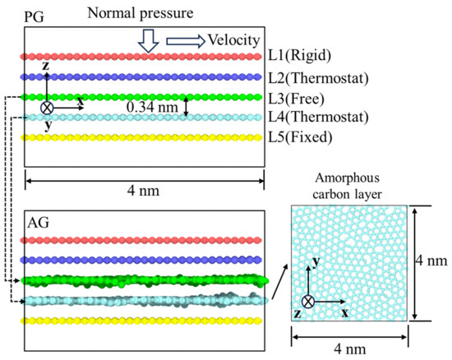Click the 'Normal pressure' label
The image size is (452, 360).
coord(140,13)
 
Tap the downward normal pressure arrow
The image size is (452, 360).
coord(148,40)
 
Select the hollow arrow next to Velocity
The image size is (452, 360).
coord(186,41)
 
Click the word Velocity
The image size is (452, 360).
coord(233,40)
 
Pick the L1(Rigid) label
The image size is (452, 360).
coord(300,55)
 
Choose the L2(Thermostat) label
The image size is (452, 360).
coord(319,78)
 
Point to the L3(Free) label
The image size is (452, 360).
coord(297,99)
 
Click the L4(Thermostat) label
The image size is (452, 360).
coord(319,117)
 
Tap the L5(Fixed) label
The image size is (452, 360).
coord(300,137)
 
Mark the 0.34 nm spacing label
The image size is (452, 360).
coord(152,107)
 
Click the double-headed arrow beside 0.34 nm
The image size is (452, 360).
coord(187,107)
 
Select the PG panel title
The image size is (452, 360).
coord(34,17)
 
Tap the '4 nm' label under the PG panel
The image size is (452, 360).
coord(143,191)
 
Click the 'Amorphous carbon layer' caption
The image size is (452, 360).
coord(347,186)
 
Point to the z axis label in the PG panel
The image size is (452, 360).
coord(45,66)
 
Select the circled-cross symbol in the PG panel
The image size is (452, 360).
coord(47,108)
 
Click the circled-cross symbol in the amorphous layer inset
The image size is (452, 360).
coord(308,302)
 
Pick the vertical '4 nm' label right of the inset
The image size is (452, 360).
coord(431,261)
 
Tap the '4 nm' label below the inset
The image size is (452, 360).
coord(350,349)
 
